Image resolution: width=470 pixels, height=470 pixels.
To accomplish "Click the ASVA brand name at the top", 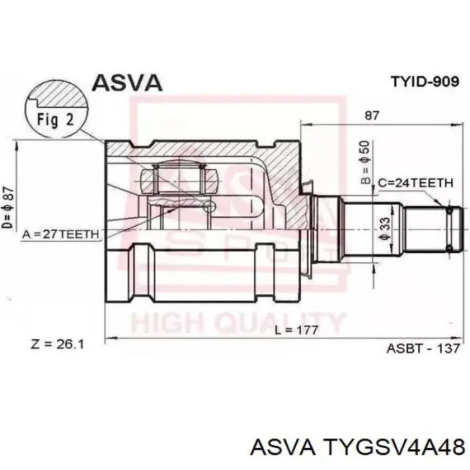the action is [127, 83].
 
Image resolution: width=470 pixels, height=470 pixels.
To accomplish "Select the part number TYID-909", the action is [425, 81].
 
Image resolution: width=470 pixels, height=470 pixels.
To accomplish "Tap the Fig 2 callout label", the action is [56, 120].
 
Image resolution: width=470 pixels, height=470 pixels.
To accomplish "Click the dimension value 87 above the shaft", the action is [372, 115].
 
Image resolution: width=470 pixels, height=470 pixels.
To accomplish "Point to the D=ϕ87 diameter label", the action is [8, 207].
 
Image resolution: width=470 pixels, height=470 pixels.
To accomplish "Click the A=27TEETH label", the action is [60, 234].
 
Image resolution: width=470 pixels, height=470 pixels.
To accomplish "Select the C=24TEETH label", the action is [416, 183].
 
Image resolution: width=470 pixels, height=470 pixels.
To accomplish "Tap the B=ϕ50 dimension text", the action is [366, 162].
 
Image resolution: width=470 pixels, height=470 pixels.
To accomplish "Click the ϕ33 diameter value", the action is [385, 229].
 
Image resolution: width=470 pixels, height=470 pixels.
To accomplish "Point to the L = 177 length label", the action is [297, 330].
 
